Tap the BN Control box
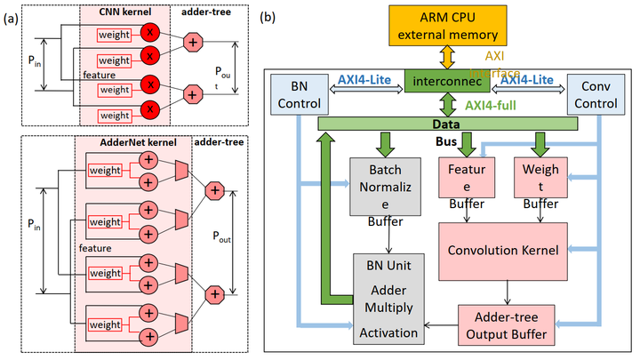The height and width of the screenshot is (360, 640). [x=297, y=95]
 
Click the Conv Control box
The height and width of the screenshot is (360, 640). [x=595, y=95]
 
